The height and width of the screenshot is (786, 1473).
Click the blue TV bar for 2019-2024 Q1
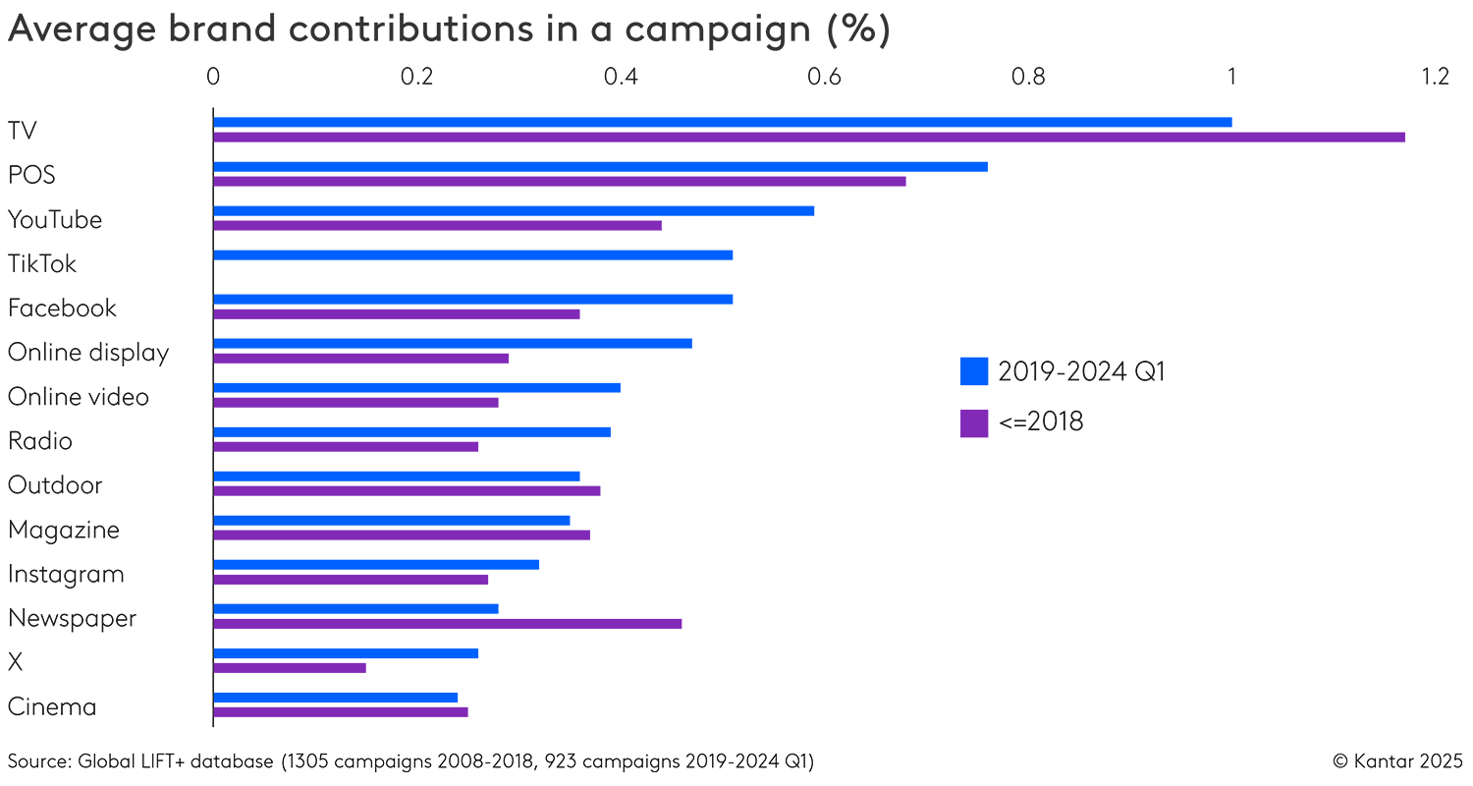722,122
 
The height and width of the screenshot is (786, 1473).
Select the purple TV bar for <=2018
808,137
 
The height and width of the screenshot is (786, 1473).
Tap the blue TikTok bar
472,254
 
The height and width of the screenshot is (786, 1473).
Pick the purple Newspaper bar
447,623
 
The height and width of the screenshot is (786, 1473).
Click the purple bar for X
290,668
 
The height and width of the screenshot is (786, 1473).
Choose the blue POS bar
600,166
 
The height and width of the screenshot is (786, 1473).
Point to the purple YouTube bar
437,225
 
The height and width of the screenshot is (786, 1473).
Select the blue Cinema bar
335,698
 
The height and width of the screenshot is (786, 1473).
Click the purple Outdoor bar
407,491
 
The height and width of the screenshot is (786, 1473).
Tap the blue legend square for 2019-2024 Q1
974,371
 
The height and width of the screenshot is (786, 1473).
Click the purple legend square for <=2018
974,422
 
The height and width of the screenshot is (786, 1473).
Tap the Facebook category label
62,309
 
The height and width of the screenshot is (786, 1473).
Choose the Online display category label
88,353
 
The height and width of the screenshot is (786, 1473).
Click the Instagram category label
66,574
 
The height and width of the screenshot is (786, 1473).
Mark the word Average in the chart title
75,30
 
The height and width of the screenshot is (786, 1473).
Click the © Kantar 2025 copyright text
1397,760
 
